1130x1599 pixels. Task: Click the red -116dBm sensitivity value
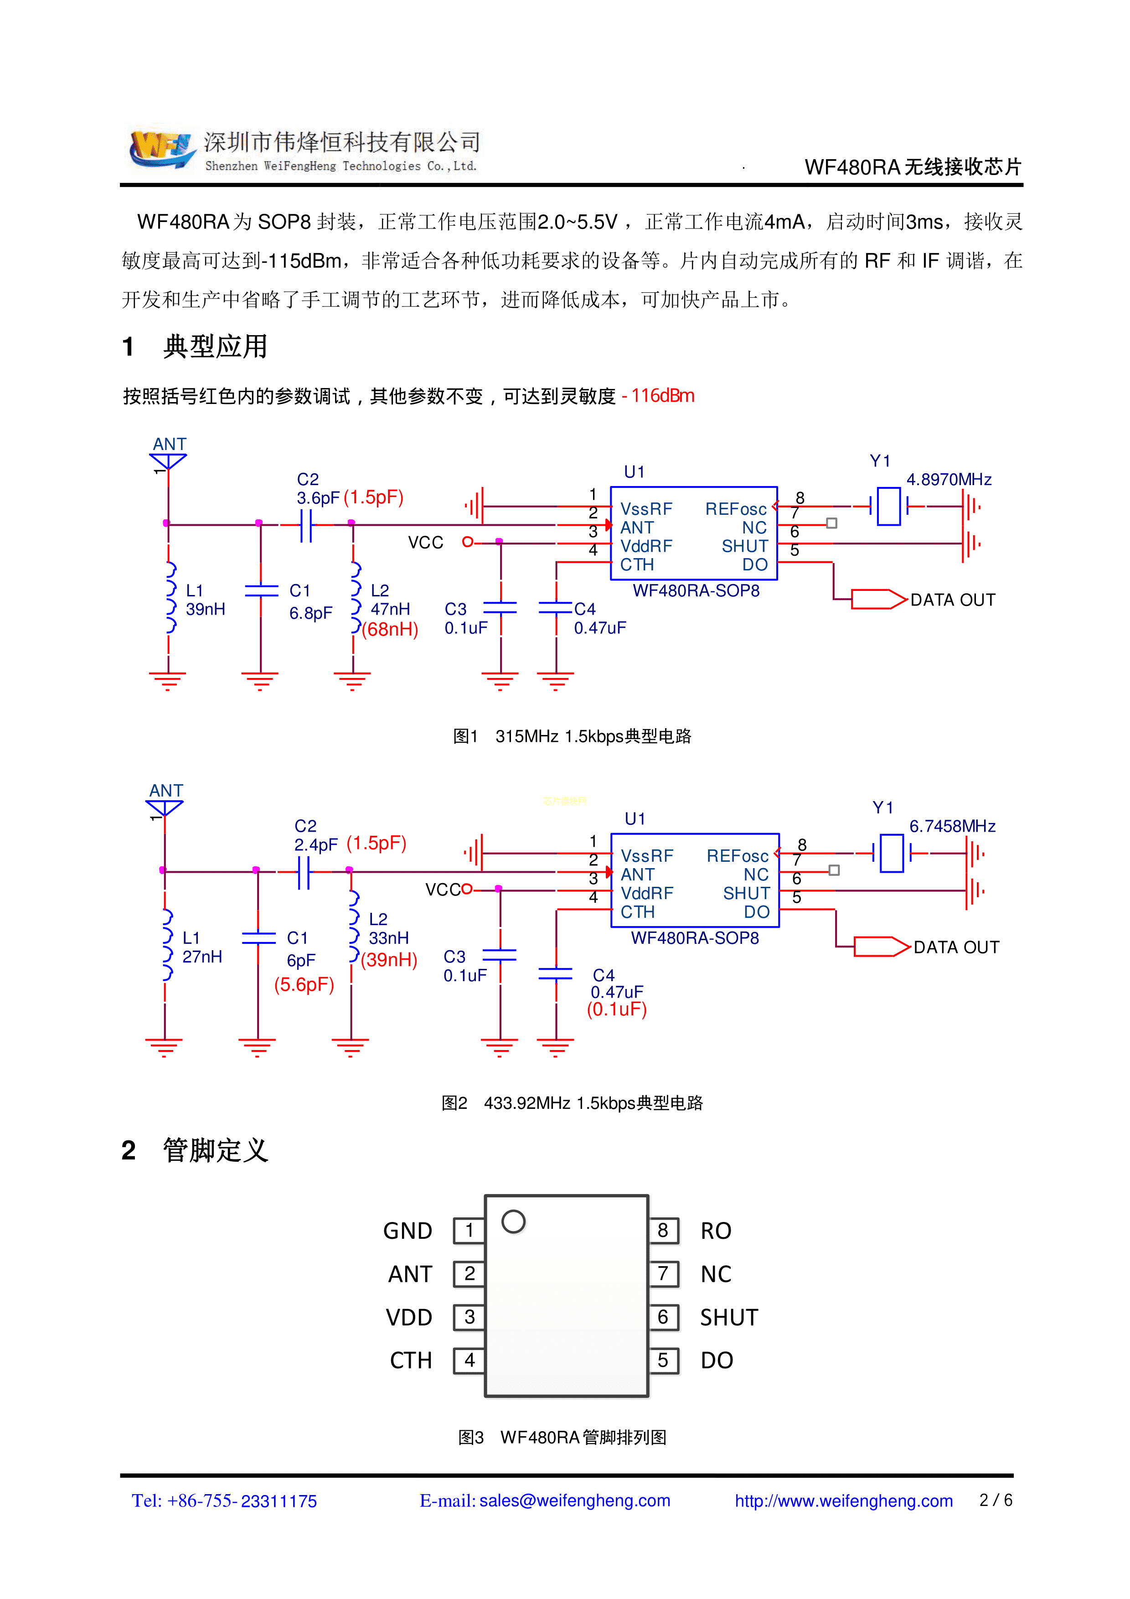click(658, 396)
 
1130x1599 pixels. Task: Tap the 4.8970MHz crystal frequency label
click(948, 479)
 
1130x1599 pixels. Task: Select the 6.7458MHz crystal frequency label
click(952, 826)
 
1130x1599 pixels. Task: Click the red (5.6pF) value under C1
click(304, 984)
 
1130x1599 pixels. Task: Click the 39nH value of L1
click(206, 610)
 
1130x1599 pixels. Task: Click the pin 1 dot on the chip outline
click(513, 1221)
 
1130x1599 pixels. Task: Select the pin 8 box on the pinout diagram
click(663, 1231)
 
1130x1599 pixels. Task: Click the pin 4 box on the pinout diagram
click(469, 1360)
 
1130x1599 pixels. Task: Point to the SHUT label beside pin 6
click(728, 1317)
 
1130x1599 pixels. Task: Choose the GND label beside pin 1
click(408, 1231)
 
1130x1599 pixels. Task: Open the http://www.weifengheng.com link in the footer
click(843, 1501)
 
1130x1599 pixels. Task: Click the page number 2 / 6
click(996, 1500)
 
